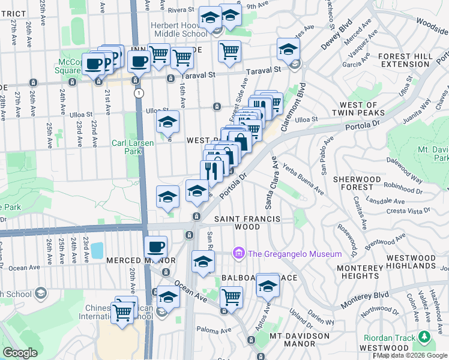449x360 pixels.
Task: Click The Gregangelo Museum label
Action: point(295,254)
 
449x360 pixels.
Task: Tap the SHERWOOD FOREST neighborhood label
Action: point(360,184)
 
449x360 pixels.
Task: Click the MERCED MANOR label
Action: point(132,260)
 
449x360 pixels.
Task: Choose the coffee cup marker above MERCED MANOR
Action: point(156,247)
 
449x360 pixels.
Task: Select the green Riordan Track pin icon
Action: point(425,337)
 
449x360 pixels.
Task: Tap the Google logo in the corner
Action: point(20,352)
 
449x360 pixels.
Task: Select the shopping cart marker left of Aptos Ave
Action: point(231,297)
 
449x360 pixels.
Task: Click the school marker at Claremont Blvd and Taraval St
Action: point(289,49)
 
